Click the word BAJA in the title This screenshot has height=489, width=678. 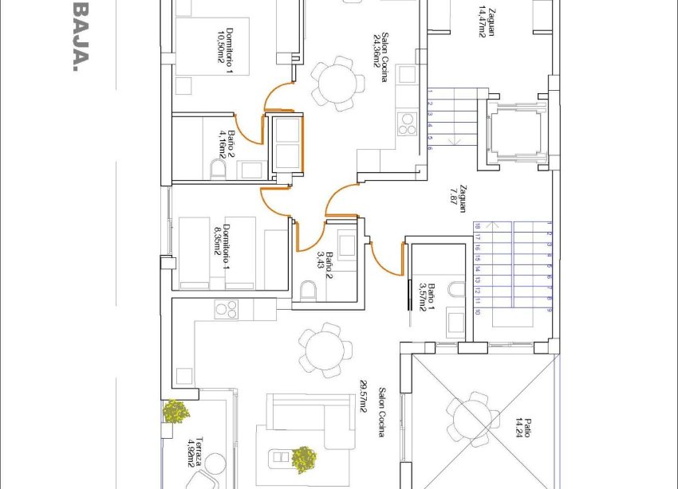pos(80,36)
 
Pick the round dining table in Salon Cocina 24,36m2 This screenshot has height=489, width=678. pos(332,80)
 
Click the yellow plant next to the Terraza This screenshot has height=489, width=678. pos(175,411)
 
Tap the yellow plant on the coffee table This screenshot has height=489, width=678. pos(303,458)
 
